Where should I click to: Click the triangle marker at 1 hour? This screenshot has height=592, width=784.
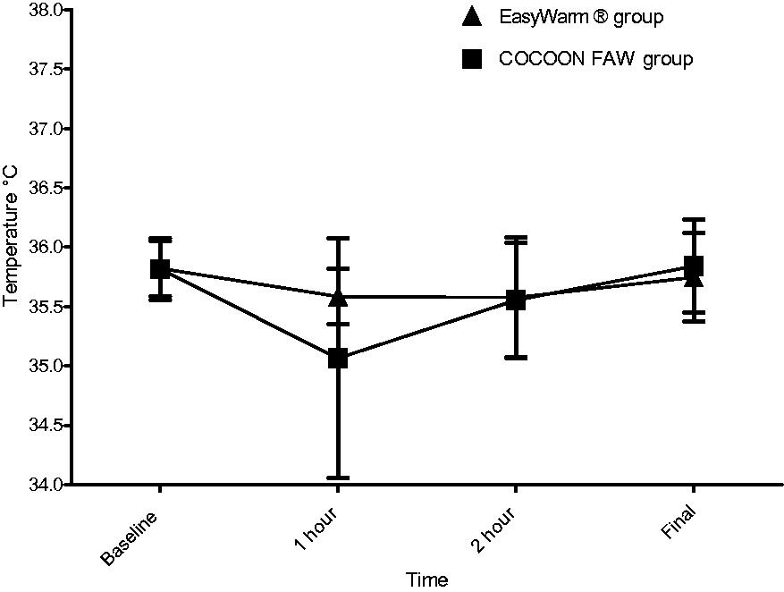pyautogui.click(x=338, y=298)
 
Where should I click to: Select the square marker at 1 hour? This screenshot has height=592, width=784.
pyautogui.click(x=338, y=359)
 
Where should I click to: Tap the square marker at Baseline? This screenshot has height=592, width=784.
pyautogui.click(x=160, y=268)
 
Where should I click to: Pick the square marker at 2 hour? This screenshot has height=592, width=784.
pyautogui.click(x=516, y=300)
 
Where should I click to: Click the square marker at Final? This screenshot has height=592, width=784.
pyautogui.click(x=694, y=266)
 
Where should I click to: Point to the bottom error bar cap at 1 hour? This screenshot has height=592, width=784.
pyautogui.click(x=338, y=478)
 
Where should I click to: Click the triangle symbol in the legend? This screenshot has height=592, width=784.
pyautogui.click(x=471, y=17)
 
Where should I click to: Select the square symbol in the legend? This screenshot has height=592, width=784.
pyautogui.click(x=471, y=59)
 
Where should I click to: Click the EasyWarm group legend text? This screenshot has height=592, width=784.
pyautogui.click(x=581, y=18)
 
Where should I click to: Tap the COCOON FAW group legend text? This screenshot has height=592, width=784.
pyautogui.click(x=596, y=60)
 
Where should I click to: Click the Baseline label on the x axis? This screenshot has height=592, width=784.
pyautogui.click(x=129, y=538)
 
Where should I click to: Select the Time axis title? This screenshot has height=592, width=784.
pyautogui.click(x=426, y=579)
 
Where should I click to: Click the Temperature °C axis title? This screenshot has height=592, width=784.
pyautogui.click(x=10, y=236)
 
